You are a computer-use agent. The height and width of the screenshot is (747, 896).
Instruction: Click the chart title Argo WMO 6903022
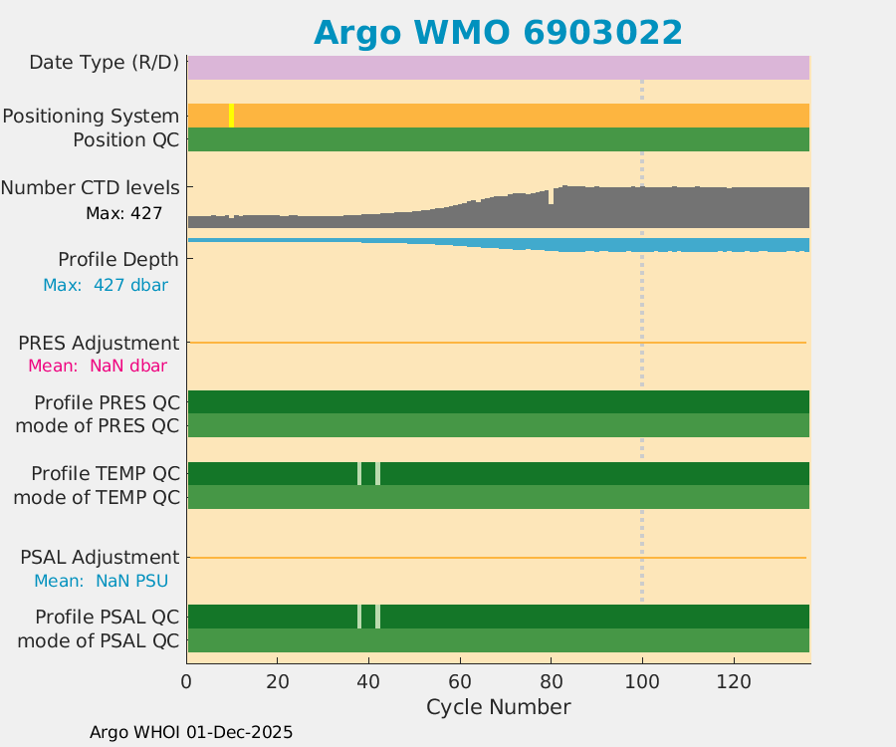click(498, 33)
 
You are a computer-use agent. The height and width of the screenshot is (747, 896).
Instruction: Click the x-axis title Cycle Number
click(498, 707)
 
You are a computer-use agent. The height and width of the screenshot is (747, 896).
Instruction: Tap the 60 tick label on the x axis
click(460, 681)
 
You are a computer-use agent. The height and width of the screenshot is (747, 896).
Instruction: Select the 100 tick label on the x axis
click(642, 681)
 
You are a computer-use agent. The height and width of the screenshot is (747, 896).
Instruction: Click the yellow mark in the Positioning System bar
click(232, 116)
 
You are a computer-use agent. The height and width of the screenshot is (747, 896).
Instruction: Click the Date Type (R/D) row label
click(104, 63)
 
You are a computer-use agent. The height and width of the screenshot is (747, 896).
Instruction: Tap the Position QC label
click(125, 140)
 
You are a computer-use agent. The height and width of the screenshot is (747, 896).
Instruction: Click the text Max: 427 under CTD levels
click(123, 213)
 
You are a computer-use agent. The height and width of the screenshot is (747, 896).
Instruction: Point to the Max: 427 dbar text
click(105, 285)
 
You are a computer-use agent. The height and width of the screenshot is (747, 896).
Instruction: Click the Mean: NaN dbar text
click(97, 366)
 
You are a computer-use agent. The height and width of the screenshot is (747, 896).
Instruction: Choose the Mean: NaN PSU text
click(101, 581)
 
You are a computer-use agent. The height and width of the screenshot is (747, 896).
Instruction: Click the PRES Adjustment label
click(99, 343)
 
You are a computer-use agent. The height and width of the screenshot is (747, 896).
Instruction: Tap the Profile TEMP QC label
click(105, 473)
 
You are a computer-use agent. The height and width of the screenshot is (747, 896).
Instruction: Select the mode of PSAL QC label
click(99, 640)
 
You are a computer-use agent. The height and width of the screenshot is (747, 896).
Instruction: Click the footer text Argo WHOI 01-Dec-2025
click(191, 732)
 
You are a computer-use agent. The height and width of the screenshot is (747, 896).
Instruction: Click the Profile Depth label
click(117, 260)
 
